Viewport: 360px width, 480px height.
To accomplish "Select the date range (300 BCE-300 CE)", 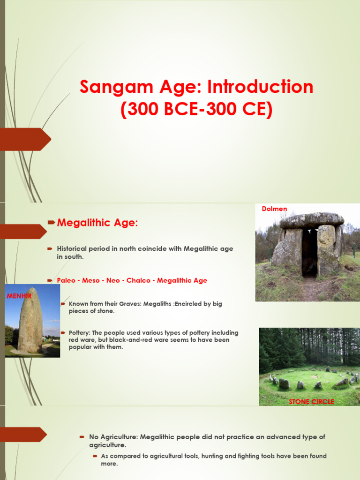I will [x=196, y=110].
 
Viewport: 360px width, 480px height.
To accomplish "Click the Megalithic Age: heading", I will [x=97, y=223].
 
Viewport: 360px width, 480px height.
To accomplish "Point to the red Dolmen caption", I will [x=274, y=209].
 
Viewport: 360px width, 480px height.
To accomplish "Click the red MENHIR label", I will [x=19, y=296].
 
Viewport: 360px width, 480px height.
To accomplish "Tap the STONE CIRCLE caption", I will [x=312, y=402].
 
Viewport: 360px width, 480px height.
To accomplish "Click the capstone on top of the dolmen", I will [x=312, y=219].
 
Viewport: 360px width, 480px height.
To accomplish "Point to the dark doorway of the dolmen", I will [x=309, y=253].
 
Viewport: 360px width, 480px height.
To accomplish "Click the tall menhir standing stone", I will [x=30, y=321].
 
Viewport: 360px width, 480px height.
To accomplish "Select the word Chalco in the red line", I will [x=138, y=280].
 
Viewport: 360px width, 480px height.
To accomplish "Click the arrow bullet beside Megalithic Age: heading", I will [x=52, y=222].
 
